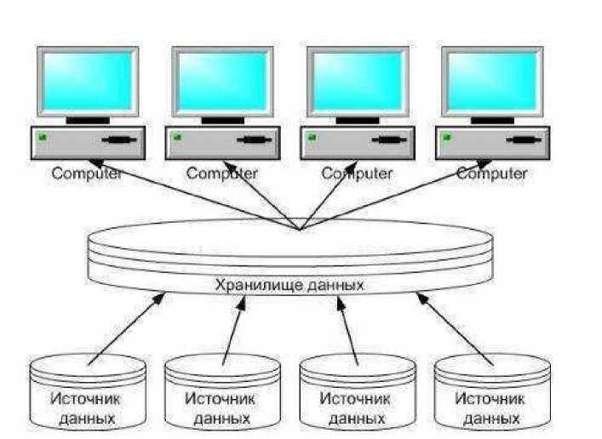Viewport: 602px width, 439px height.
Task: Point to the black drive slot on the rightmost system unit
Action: coord(523,140)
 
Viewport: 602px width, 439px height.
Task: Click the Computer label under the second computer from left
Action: coord(222,174)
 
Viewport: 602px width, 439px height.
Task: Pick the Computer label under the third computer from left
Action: coord(357,174)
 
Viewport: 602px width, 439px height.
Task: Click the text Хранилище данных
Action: coord(290,285)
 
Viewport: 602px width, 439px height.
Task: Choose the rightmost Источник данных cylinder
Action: coord(490,396)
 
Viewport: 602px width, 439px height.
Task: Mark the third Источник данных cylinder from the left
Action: coord(357,396)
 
